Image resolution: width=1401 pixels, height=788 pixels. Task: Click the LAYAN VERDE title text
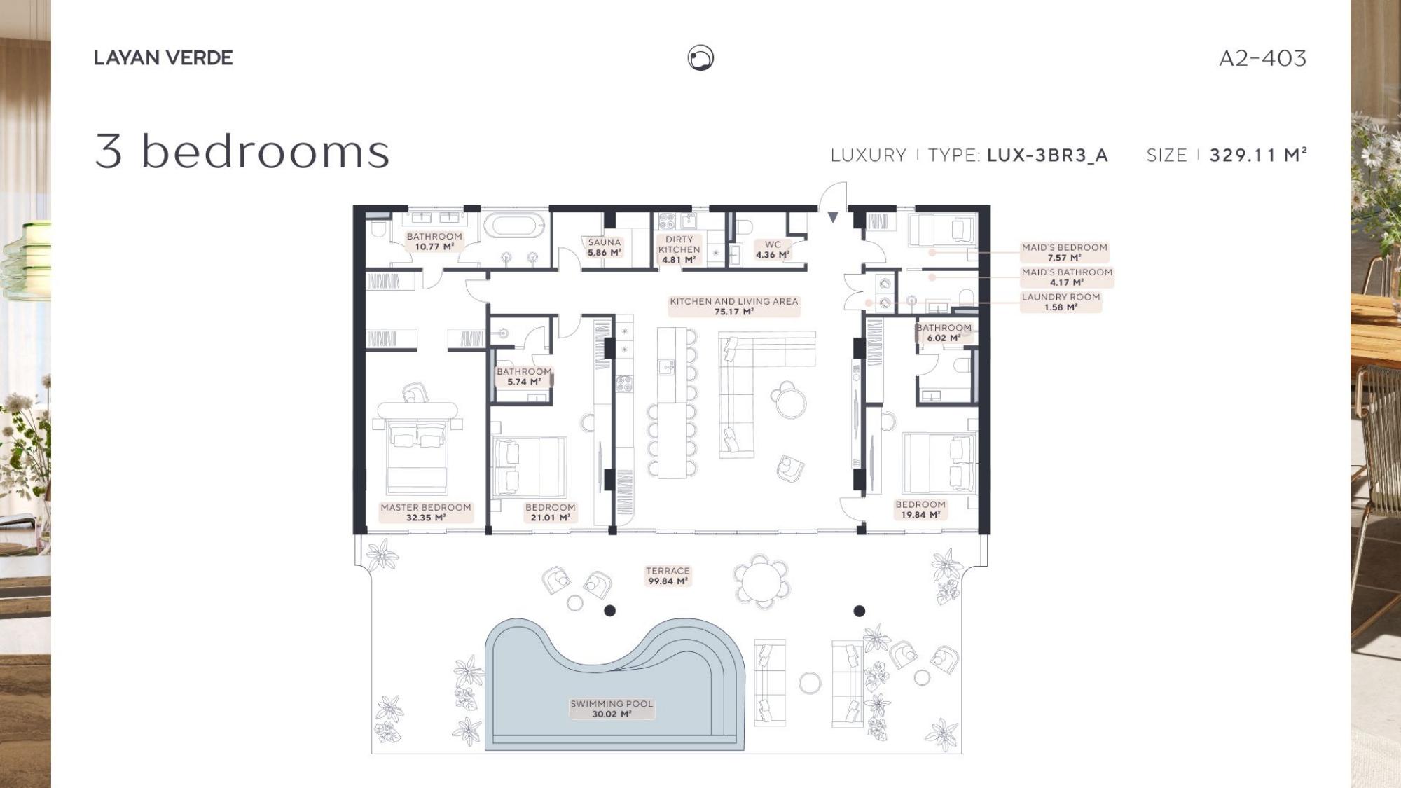pos(163,57)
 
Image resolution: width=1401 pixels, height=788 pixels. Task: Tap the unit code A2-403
pos(1262,58)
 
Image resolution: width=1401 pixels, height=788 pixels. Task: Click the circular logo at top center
pos(700,57)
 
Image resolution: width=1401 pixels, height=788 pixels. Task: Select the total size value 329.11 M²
pos(1258,155)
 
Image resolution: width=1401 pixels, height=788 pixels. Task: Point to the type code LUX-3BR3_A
pos(1047,155)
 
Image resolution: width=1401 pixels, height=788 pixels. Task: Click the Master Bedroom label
pos(426,512)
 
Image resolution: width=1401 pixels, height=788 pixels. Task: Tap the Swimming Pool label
pos(612,708)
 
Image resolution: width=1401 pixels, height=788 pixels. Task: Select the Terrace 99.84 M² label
pos(668,576)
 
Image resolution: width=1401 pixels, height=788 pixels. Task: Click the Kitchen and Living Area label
pos(734,306)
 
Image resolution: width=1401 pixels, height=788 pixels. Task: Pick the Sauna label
pos(605,247)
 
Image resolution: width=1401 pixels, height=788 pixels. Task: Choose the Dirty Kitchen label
pos(679,249)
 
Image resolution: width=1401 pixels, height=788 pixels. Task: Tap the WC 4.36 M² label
pos(773,249)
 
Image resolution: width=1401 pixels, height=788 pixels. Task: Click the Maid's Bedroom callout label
pos(1064,252)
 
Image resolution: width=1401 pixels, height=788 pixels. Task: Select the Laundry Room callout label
pos(1061,302)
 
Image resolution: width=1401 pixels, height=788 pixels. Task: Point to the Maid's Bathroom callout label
pos(1067,277)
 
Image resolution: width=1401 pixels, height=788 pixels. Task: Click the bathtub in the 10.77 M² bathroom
pos(514,226)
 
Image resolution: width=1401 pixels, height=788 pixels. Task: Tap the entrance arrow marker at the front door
pos(833,217)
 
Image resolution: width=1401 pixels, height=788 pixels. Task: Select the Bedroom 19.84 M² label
pos(920,509)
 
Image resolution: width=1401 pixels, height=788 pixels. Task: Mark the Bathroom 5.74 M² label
pos(524,377)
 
